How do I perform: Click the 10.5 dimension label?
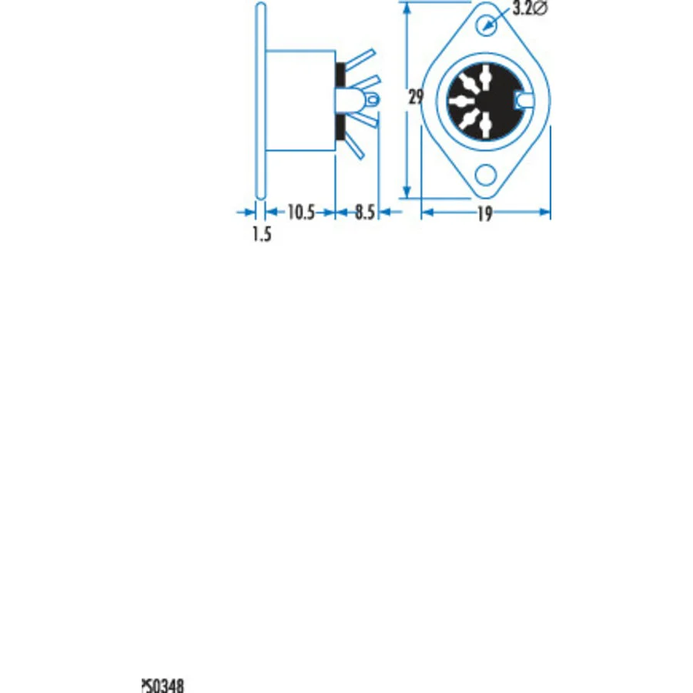pos(301,213)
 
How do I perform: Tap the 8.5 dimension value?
pos(365,213)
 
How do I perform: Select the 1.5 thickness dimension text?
pos(262,234)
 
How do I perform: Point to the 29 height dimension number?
pos(416,97)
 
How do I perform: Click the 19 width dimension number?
pos(485,214)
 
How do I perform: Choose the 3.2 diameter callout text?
pos(530,8)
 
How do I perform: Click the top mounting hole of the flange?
pos(486,25)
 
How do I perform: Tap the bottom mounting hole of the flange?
pos(486,175)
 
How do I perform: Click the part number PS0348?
pos(162,685)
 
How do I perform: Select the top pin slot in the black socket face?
pos(485,77)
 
